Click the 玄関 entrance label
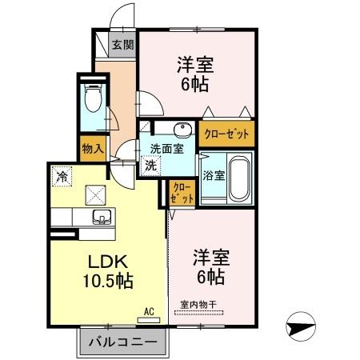point(122,44)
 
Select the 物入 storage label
point(92,146)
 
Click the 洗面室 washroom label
point(167,147)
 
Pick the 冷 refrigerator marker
point(62,172)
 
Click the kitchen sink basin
point(102,216)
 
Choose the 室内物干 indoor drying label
point(198,303)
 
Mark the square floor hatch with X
point(96,193)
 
